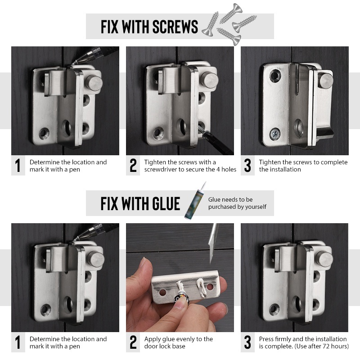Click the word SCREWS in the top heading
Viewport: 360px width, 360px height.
tap(175, 27)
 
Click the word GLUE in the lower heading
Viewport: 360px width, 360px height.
tap(166, 204)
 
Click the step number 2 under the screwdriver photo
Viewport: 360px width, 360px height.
tap(133, 165)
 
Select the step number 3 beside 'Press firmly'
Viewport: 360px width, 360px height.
tap(247, 342)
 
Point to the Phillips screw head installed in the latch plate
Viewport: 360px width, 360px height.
tap(275, 134)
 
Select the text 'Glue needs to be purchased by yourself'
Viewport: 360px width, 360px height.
tap(237, 203)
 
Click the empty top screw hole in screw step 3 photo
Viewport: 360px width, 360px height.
tap(275, 76)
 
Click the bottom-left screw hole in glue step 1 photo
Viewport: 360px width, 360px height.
tap(46, 310)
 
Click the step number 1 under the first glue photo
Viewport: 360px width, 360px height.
tap(18, 342)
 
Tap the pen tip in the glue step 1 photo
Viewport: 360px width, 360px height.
tap(75, 239)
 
